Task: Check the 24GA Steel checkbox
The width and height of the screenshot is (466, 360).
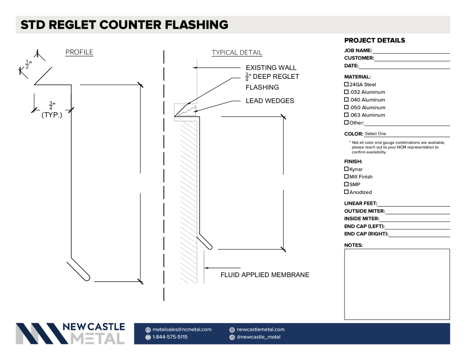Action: tap(346, 85)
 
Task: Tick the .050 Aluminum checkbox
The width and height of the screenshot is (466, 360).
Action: tap(346, 107)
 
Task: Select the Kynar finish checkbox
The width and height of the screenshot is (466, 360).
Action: tap(346, 169)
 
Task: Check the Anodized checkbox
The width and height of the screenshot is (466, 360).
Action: tap(346, 192)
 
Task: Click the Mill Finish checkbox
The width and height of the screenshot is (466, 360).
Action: tap(346, 177)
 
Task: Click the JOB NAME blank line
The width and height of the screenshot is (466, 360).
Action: tap(411, 53)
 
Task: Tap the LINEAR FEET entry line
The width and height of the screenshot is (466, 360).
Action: tap(413, 206)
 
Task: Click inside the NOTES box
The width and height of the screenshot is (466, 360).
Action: tap(397, 284)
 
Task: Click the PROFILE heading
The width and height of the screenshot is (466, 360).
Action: tap(79, 52)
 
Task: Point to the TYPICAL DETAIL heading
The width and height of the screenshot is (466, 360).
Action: tap(237, 53)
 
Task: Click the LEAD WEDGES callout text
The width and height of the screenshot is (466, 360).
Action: tap(270, 101)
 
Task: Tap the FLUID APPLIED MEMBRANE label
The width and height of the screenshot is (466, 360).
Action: tap(265, 275)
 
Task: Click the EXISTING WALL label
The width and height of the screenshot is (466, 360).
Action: tap(271, 68)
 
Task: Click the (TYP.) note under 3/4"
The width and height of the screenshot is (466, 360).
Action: tap(52, 115)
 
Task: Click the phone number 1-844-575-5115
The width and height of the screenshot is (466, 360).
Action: tap(170, 337)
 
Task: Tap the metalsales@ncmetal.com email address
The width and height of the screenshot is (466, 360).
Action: tap(182, 330)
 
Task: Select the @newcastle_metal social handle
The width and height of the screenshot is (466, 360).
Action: tap(258, 337)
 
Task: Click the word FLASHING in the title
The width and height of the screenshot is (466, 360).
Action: tap(197, 25)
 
